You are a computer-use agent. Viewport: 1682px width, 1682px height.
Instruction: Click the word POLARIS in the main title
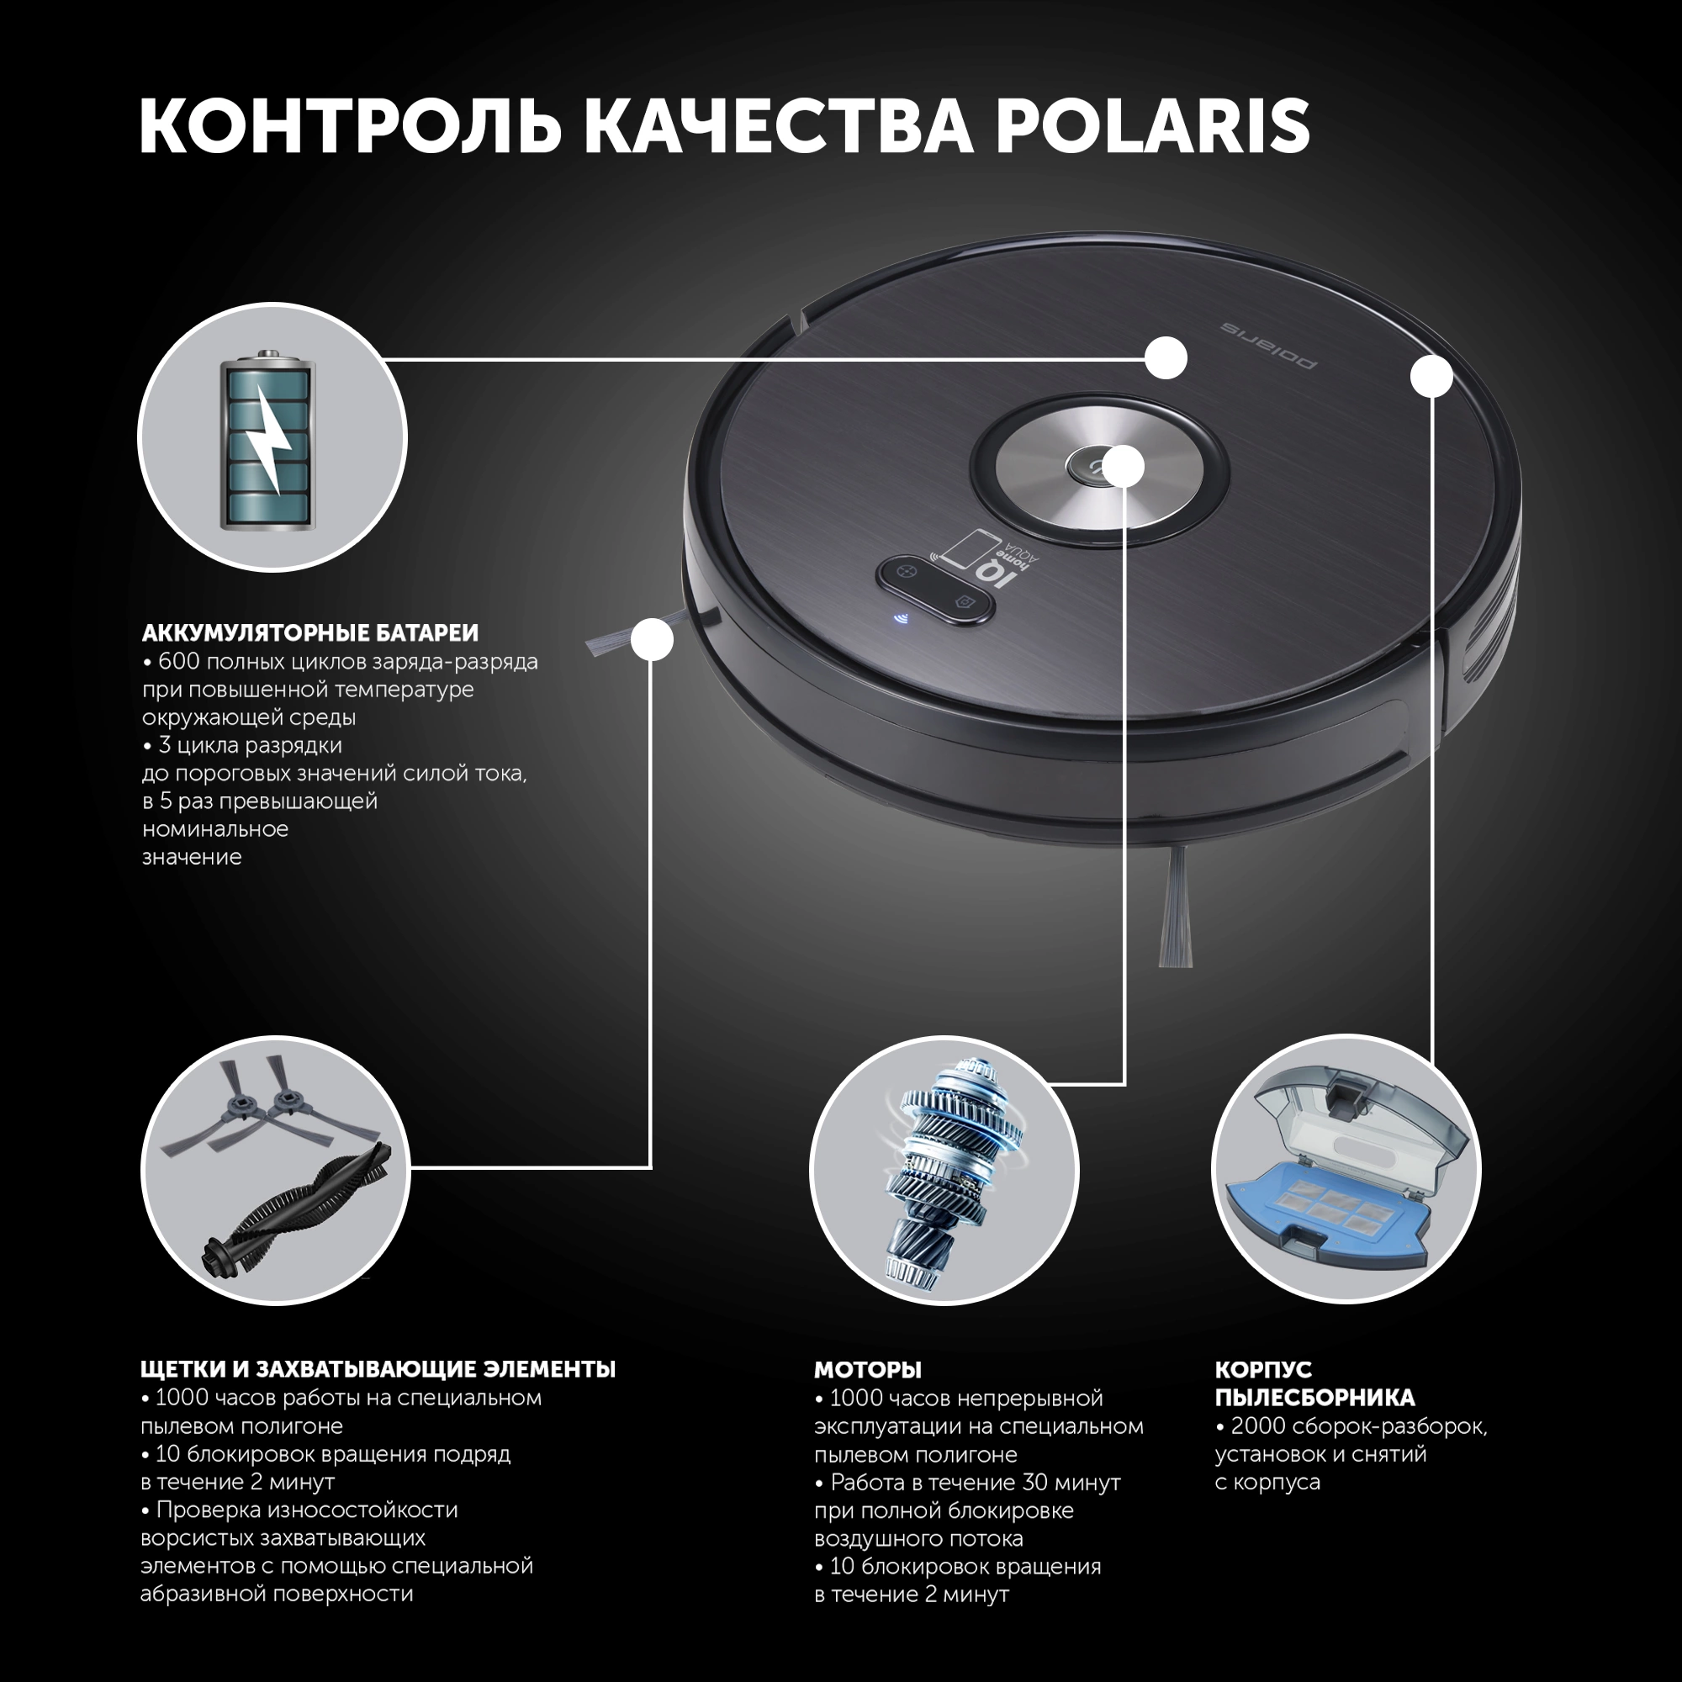(1153, 127)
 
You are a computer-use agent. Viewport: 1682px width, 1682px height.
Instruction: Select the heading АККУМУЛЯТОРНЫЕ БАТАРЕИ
(310, 633)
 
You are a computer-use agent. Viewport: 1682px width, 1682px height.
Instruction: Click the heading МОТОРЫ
(867, 1370)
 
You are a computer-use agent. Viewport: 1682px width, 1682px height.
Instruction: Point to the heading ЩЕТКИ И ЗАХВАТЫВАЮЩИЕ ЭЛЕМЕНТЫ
(378, 1369)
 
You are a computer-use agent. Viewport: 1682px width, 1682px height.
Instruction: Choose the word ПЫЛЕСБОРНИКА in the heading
(1314, 1399)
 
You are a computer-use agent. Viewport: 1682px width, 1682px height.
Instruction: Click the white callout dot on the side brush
(651, 641)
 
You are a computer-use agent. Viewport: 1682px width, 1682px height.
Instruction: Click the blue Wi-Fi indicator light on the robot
(900, 620)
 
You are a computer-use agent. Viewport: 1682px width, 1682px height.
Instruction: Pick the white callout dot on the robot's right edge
(1431, 376)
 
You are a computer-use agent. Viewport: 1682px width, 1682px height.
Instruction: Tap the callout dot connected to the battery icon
(1166, 357)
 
